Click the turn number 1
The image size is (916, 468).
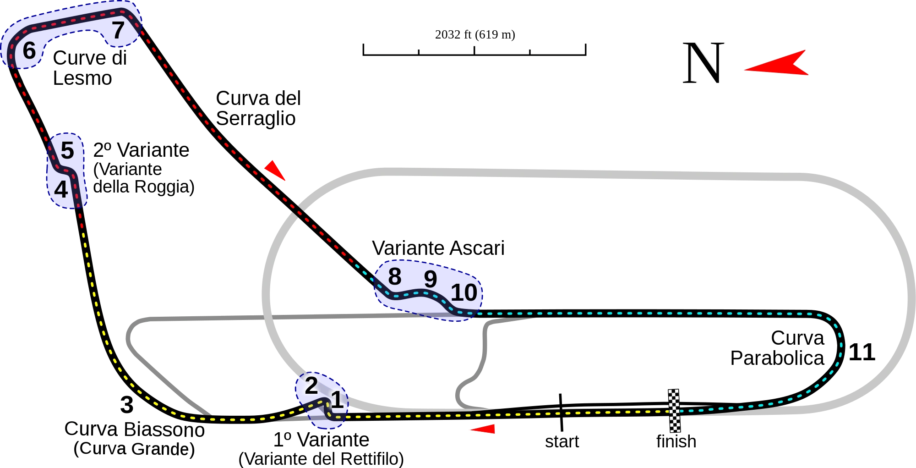point(337,400)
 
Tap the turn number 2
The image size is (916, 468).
point(311,385)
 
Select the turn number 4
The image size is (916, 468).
point(61,189)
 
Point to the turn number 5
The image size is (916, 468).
point(67,150)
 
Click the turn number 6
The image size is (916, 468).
point(29,50)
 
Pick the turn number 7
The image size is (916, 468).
point(118,31)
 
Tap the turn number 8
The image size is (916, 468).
point(394,277)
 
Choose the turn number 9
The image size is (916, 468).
point(430,279)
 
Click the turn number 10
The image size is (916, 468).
point(464,293)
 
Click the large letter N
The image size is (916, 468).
point(703,63)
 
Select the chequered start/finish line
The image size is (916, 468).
point(674,411)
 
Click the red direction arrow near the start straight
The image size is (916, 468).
point(483,429)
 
